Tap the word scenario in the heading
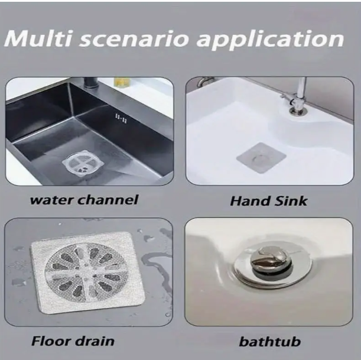click(135, 38)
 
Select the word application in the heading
click(270, 40)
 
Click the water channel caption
click(84, 200)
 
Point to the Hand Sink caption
click(268, 201)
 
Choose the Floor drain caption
click(73, 341)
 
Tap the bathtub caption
click(269, 341)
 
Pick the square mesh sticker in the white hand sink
click(261, 157)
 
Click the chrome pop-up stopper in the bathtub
click(270, 260)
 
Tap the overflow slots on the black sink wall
click(121, 118)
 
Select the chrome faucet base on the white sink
click(298, 111)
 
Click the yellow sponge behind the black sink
click(122, 82)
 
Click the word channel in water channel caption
click(108, 200)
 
